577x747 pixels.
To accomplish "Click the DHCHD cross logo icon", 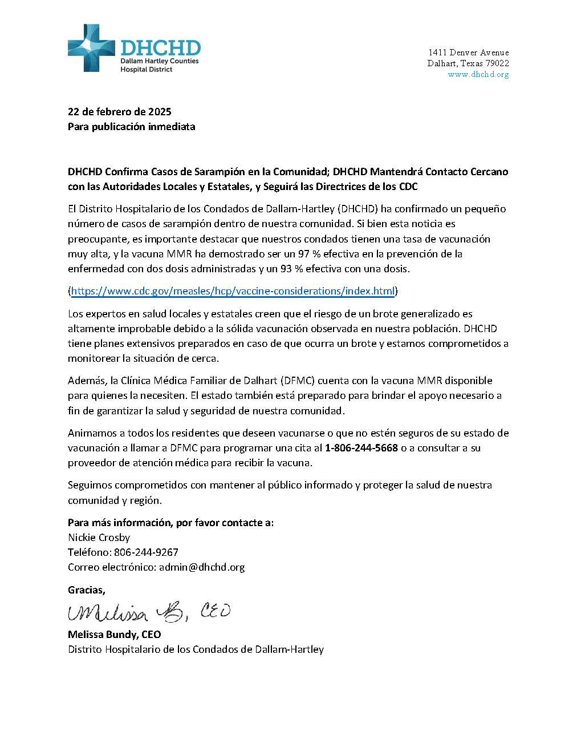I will pos(91,48).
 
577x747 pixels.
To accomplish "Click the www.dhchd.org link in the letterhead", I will pos(478,74).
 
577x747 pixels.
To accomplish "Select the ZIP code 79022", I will pos(497,63).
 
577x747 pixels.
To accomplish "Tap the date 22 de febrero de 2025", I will pos(119,112).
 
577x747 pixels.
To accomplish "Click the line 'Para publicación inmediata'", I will pos(131,127).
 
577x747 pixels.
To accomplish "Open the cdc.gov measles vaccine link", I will pos(233,291).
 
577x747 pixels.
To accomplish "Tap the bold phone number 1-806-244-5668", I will pos(361,448).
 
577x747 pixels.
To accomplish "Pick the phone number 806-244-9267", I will pos(146,552).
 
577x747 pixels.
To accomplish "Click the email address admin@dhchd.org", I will pos(202,567).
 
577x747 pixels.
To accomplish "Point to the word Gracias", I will pos(86,590).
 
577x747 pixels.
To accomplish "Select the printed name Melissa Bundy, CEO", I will pos(114,635).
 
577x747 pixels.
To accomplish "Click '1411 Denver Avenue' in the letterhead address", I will pos(468,53).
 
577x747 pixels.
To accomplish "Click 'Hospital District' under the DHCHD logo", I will pos(146,70).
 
